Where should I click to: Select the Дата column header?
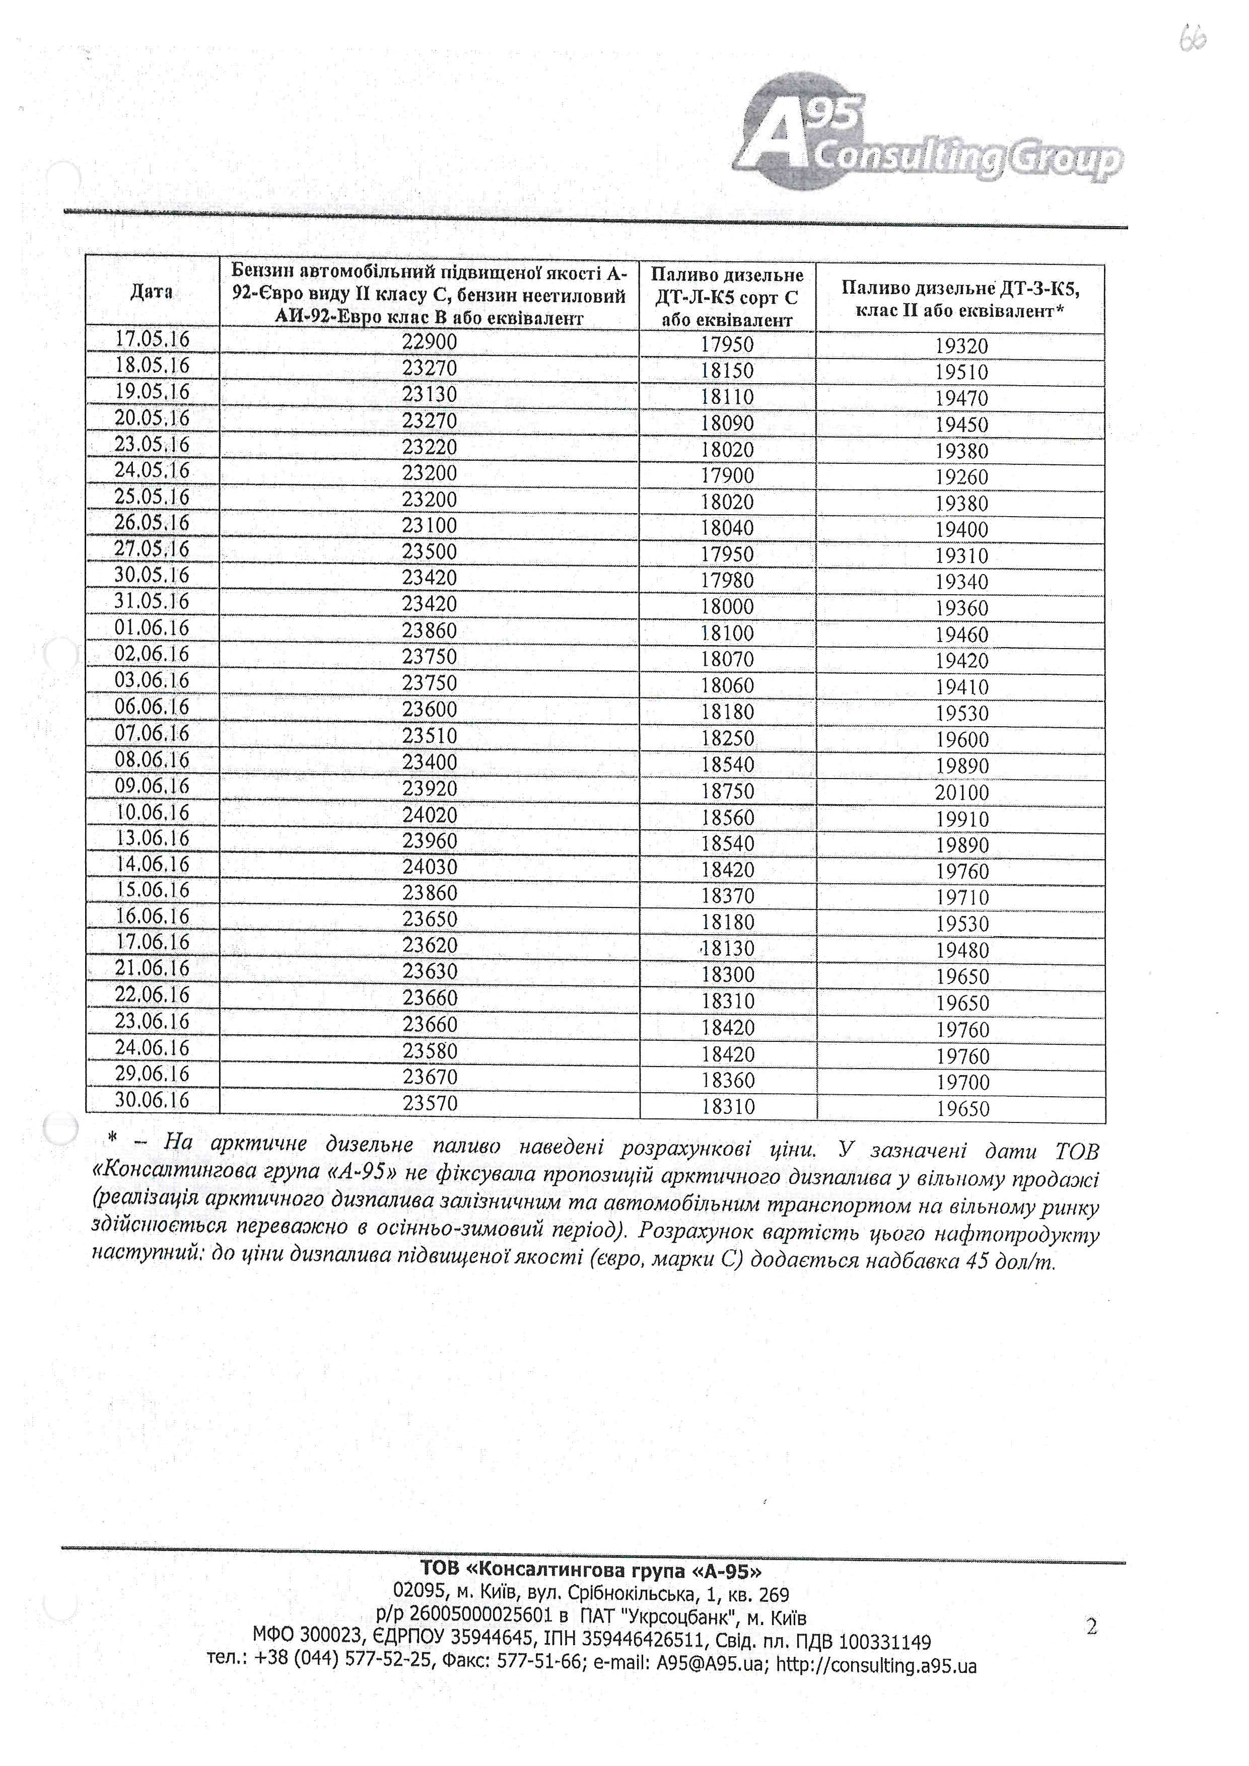tap(152, 292)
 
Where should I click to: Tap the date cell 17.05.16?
tap(152, 339)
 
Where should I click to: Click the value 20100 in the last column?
tap(961, 792)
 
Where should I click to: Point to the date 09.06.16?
tap(152, 786)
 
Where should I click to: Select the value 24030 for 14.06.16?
tap(429, 867)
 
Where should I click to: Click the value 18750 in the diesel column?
tap(727, 791)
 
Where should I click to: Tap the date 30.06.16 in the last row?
tap(152, 1100)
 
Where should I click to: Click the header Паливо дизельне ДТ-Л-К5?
tap(727, 297)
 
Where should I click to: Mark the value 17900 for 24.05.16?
tap(727, 475)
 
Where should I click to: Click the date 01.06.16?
tap(152, 627)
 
